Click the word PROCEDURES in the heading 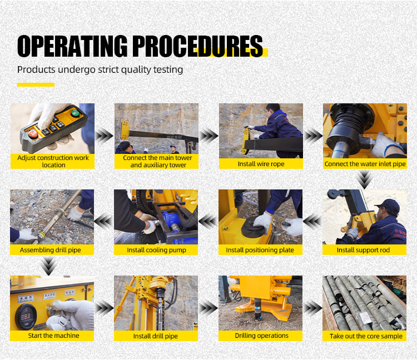click(197, 46)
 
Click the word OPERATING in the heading click(72, 46)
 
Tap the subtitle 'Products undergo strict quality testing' click(100, 70)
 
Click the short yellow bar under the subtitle click(36, 85)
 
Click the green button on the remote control click(75, 113)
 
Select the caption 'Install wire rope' click(261, 164)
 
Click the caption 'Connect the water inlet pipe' click(365, 164)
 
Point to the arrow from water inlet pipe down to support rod click(364, 179)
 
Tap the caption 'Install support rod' click(363, 250)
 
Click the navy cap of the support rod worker click(388, 206)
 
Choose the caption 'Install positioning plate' click(260, 250)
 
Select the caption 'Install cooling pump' click(156, 250)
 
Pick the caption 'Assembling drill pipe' click(50, 250)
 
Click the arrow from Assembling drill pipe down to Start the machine click(48, 266)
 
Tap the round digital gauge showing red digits click(26, 317)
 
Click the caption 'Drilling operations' click(261, 336)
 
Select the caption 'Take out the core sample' click(366, 336)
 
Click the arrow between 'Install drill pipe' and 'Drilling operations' click(209, 308)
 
